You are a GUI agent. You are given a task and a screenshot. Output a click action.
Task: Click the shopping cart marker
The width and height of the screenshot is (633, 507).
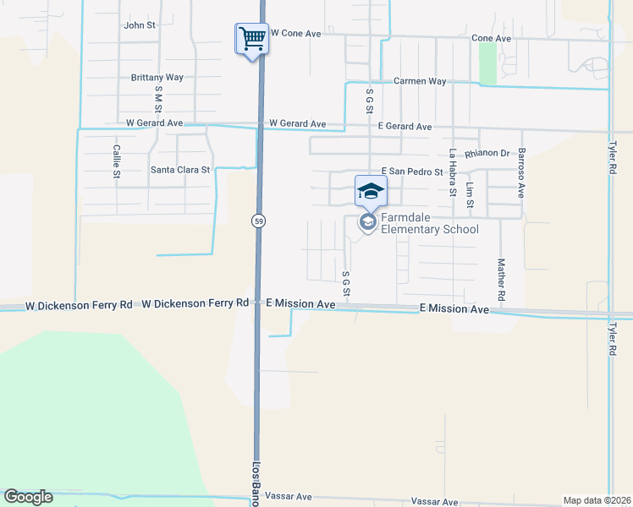click(x=251, y=38)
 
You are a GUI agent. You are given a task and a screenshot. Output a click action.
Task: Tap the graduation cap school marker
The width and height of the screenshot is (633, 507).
click(x=370, y=192)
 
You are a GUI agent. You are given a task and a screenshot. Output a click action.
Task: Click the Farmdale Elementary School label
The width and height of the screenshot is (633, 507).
click(x=429, y=223)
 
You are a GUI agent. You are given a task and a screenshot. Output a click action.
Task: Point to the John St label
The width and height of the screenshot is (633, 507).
click(x=140, y=25)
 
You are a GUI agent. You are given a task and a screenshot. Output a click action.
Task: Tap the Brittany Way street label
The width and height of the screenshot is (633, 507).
click(x=157, y=78)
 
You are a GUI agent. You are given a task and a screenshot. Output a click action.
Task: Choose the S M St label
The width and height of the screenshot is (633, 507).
click(x=158, y=99)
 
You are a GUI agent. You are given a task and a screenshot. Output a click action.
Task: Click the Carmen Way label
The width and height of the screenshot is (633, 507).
click(x=420, y=81)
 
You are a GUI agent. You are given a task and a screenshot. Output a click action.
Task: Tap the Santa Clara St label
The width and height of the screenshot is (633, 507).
click(x=180, y=170)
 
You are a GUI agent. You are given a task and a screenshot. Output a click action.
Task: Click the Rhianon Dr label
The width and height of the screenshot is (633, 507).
click(x=493, y=154)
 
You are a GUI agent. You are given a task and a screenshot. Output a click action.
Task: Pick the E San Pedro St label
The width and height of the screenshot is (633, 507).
click(x=412, y=172)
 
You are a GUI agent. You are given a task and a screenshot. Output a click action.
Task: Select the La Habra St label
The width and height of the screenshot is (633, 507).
click(x=453, y=172)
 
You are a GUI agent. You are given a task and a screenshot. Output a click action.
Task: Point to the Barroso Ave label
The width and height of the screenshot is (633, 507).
click(x=521, y=172)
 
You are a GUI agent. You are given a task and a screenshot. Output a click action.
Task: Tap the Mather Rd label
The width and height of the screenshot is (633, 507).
click(x=501, y=281)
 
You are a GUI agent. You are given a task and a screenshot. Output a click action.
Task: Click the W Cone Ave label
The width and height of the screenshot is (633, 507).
click(x=295, y=33)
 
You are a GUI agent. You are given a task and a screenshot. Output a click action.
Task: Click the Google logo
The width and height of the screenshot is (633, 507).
click(x=28, y=497)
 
